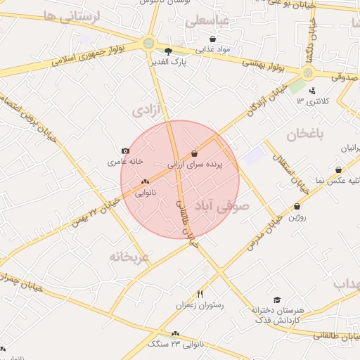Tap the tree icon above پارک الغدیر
pyautogui.click(x=167, y=51)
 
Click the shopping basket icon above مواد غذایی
pyautogui.click(x=213, y=39)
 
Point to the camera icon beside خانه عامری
pyautogui.click(x=125, y=150)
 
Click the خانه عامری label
pyautogui.click(x=125, y=162)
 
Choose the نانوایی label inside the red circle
pyautogui.click(x=145, y=192)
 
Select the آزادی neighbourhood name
pyautogui.click(x=146, y=111)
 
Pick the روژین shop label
pyautogui.click(x=297, y=217)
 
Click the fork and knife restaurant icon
pyautogui.click(x=200, y=294)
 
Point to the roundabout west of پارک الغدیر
pyautogui.click(x=148, y=43)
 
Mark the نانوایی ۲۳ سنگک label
pyautogui.click(x=176, y=345)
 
